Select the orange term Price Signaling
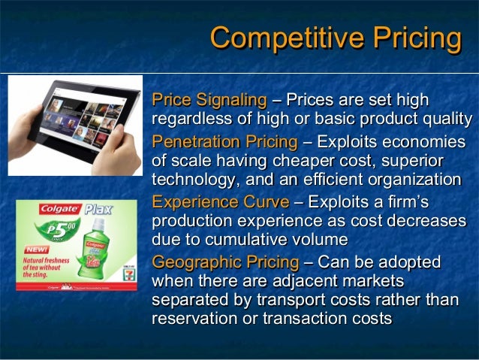coord(209,100)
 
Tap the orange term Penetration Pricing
coord(224,141)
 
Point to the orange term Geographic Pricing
coord(224,262)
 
